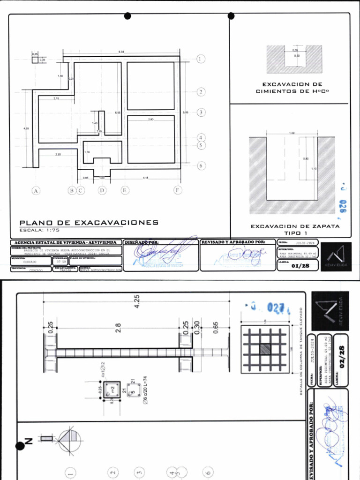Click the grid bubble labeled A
click(x=35, y=190)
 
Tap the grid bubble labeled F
click(x=178, y=190)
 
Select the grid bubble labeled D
click(x=102, y=190)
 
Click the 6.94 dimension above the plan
click(x=121, y=51)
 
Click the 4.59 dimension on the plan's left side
click(x=26, y=128)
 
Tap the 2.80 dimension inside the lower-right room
click(x=150, y=120)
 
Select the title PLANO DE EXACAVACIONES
click(x=89, y=223)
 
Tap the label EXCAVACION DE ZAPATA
click(x=295, y=226)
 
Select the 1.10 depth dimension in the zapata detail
click(x=315, y=168)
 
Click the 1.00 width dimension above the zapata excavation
click(x=292, y=133)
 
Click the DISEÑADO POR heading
click(x=142, y=242)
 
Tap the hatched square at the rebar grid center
click(x=265, y=349)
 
